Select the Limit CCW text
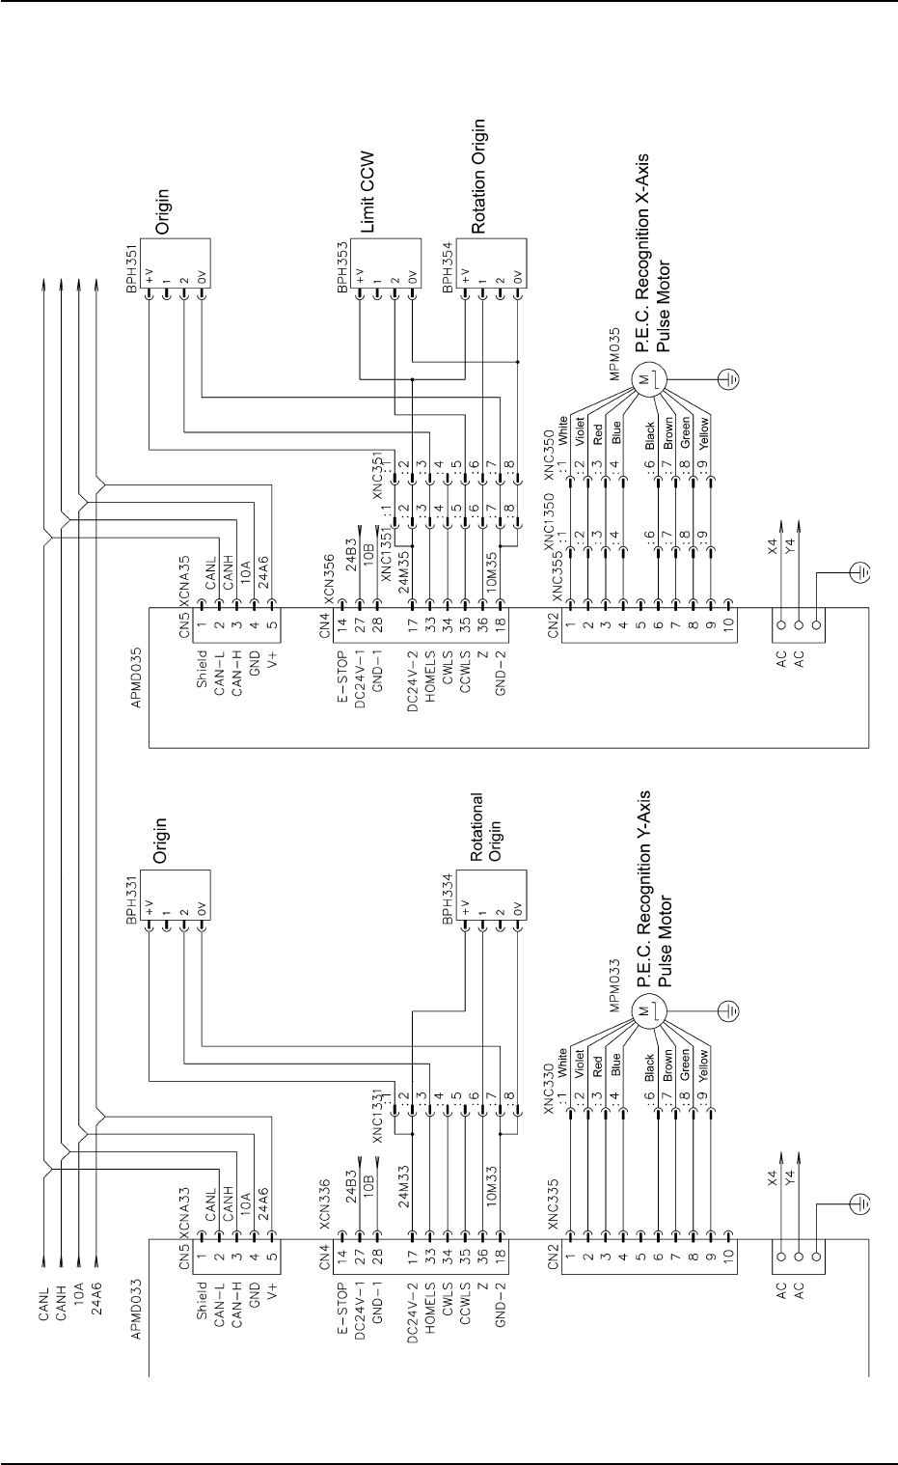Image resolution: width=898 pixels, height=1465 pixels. [x=367, y=192]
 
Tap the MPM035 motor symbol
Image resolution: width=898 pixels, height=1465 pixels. [x=647, y=378]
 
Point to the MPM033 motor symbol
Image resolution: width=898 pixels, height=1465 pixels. [x=647, y=1011]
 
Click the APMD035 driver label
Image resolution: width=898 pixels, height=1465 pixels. [x=136, y=677]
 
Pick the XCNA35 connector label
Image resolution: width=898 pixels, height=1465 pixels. [x=184, y=581]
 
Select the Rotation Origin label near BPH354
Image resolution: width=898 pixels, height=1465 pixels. [x=478, y=176]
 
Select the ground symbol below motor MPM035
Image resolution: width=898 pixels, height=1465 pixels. [x=729, y=378]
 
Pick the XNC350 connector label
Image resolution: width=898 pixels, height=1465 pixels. [x=549, y=452]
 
